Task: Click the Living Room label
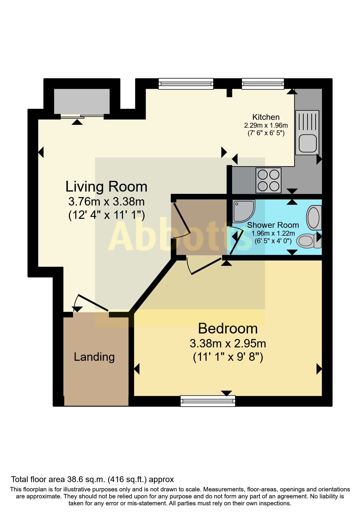pos(106,187)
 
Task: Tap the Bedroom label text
pos(228,329)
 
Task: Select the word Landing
pos(94,357)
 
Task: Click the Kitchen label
pos(266,117)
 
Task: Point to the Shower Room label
pos(273,225)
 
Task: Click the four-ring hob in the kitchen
pos(268,180)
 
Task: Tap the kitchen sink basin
pos(307,144)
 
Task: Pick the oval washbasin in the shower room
pos(314,217)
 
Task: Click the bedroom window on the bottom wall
pos(208,401)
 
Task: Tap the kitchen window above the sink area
pos(263,84)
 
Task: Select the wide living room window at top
pos(186,84)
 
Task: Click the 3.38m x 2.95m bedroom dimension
pos(228,343)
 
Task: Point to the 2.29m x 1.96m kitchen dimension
pos(266,125)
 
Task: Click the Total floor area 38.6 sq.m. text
pos(92,479)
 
